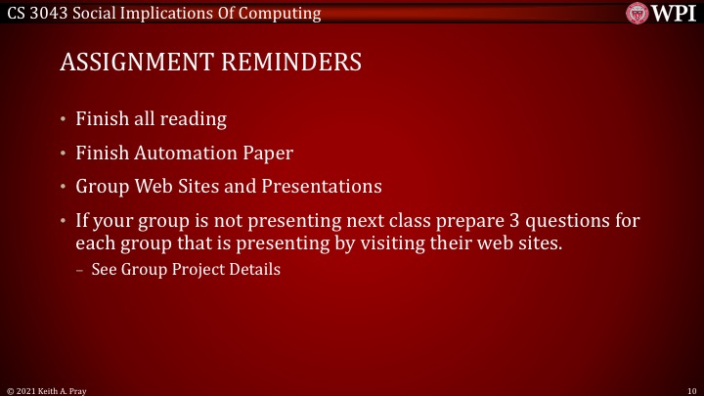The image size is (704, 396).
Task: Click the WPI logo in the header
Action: coord(664,13)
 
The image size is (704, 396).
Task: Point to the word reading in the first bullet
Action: coord(195,119)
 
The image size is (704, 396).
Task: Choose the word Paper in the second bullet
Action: coord(269,153)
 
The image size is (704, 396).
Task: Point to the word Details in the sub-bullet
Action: coord(255,269)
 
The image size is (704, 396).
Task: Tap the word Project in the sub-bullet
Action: coord(202,269)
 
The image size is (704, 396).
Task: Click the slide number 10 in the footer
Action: coord(690,389)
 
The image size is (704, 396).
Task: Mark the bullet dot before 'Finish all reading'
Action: coord(63,120)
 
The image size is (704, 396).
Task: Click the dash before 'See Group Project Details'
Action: coord(80,269)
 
